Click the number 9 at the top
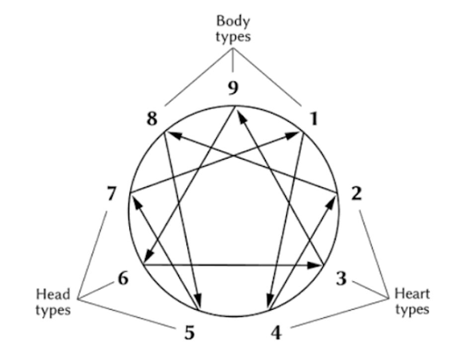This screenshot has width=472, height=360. tap(234, 88)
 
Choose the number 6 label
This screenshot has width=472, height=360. tap(123, 278)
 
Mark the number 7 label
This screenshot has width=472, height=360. tap(112, 194)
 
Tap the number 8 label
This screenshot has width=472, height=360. tap(152, 120)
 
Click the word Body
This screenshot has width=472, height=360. tap(233, 21)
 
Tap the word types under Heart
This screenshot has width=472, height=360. tap(412, 309)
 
